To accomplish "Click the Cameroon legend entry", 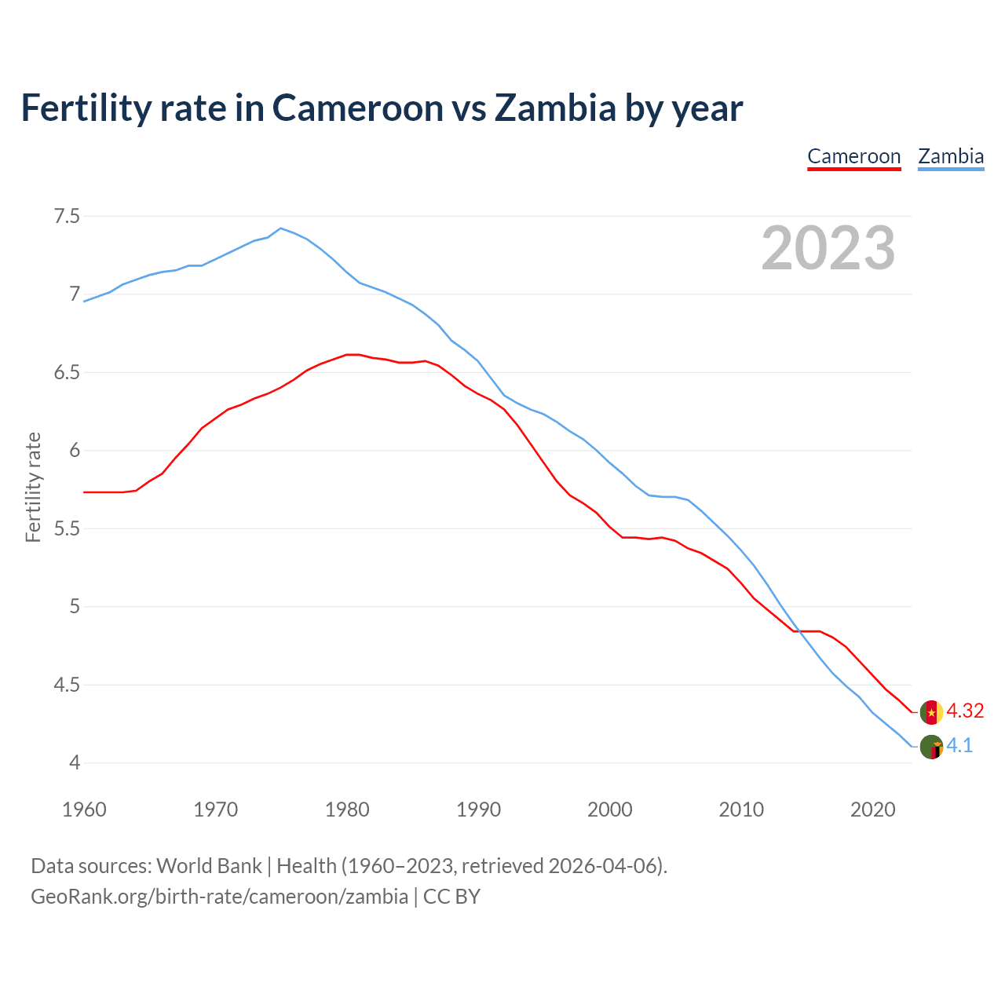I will point(853,156).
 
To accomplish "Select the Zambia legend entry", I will point(951,156).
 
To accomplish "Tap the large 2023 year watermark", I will point(828,248).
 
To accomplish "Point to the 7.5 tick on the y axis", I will point(67,216).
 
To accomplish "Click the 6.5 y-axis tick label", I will point(67,372).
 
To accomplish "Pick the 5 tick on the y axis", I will point(75,607).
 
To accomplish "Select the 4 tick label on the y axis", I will point(75,763).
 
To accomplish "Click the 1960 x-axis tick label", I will point(84,809).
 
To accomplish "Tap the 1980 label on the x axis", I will point(347,809).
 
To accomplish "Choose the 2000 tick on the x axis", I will point(610,809).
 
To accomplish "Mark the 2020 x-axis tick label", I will point(873,809).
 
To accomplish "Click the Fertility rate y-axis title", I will point(33,487).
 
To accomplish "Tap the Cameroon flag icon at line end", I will point(931,712).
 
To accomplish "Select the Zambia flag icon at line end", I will point(931,747).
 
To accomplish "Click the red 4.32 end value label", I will point(965,711).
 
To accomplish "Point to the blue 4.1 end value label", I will point(959,746).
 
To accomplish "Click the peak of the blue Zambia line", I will point(281,228).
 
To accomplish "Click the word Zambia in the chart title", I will point(554,108).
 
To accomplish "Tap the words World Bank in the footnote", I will point(209,866).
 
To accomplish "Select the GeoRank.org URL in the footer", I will point(219,897).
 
